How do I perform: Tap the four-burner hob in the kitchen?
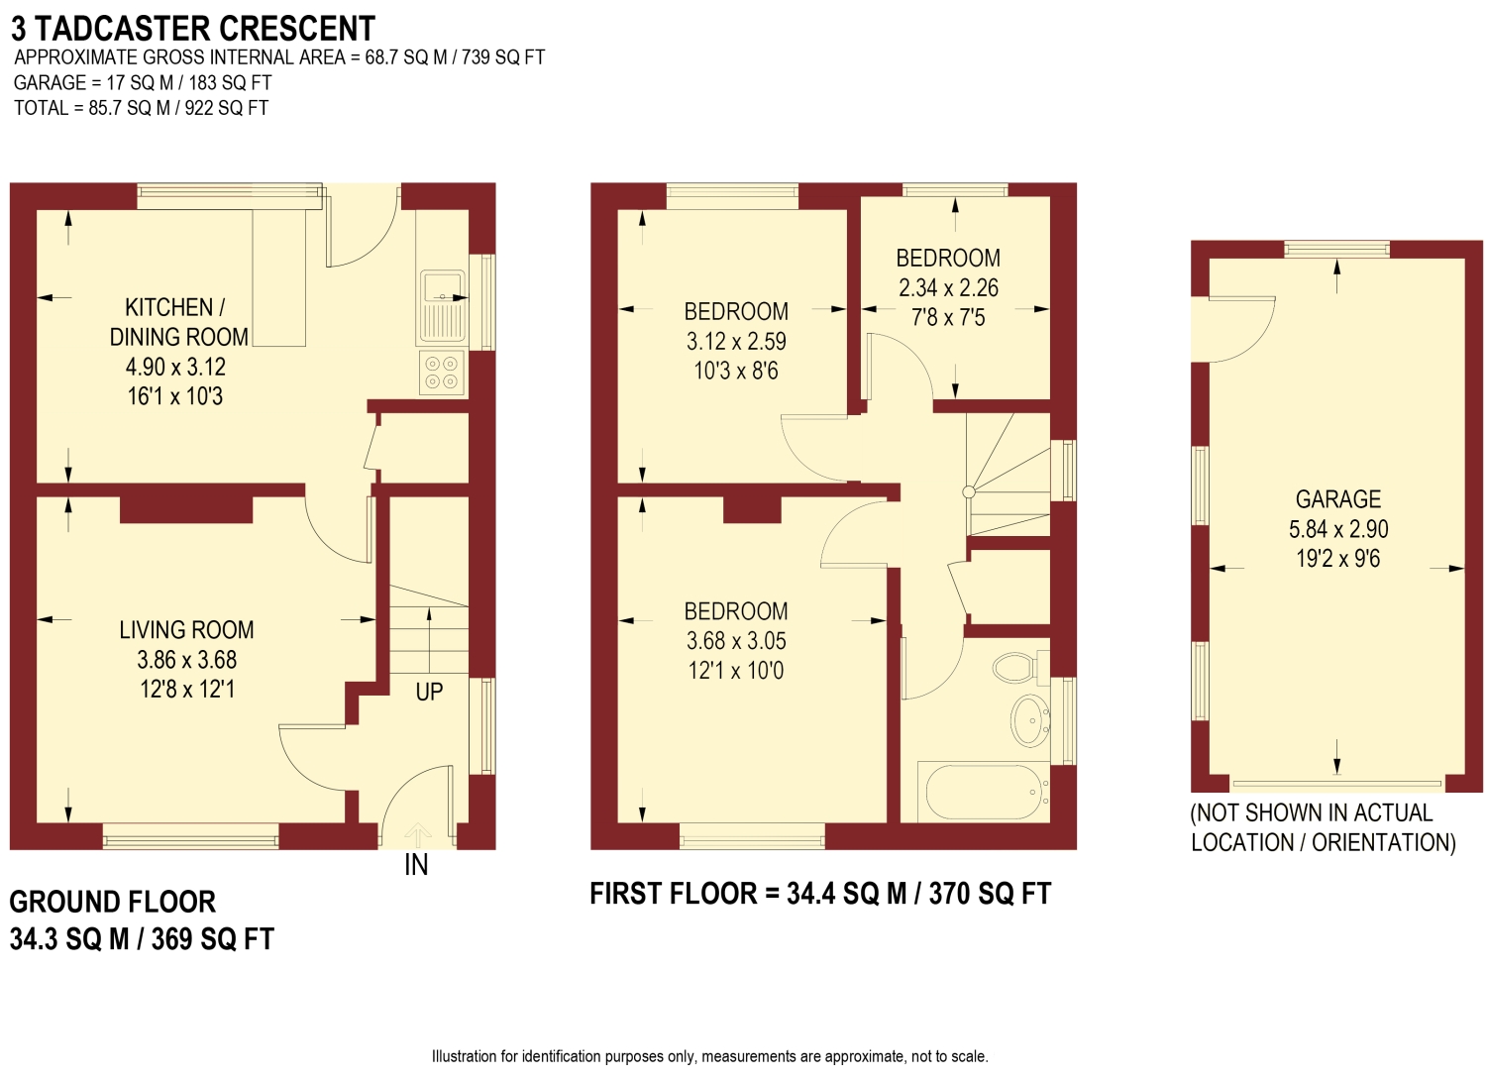pos(442,373)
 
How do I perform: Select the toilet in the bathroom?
pos(1020,668)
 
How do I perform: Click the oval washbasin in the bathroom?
pos(1030,720)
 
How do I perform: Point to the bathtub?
pos(984,793)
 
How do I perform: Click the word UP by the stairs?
pos(429,693)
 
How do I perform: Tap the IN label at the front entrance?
pos(416,865)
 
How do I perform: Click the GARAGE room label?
pos(1337,499)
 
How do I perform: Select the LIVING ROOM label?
pos(186,630)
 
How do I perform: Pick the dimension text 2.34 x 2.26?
pos(948,288)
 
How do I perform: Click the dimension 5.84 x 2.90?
pos(1338,529)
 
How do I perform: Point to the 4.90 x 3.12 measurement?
pos(175,367)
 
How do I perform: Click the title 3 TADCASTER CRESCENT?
pos(193,29)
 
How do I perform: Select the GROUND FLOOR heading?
pos(113,902)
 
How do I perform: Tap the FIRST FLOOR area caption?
pos(820,894)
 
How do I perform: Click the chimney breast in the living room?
pos(186,509)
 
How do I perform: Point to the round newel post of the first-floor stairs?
pos(969,491)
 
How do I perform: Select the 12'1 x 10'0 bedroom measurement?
pos(736,671)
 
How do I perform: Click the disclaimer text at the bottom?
pos(710,1056)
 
